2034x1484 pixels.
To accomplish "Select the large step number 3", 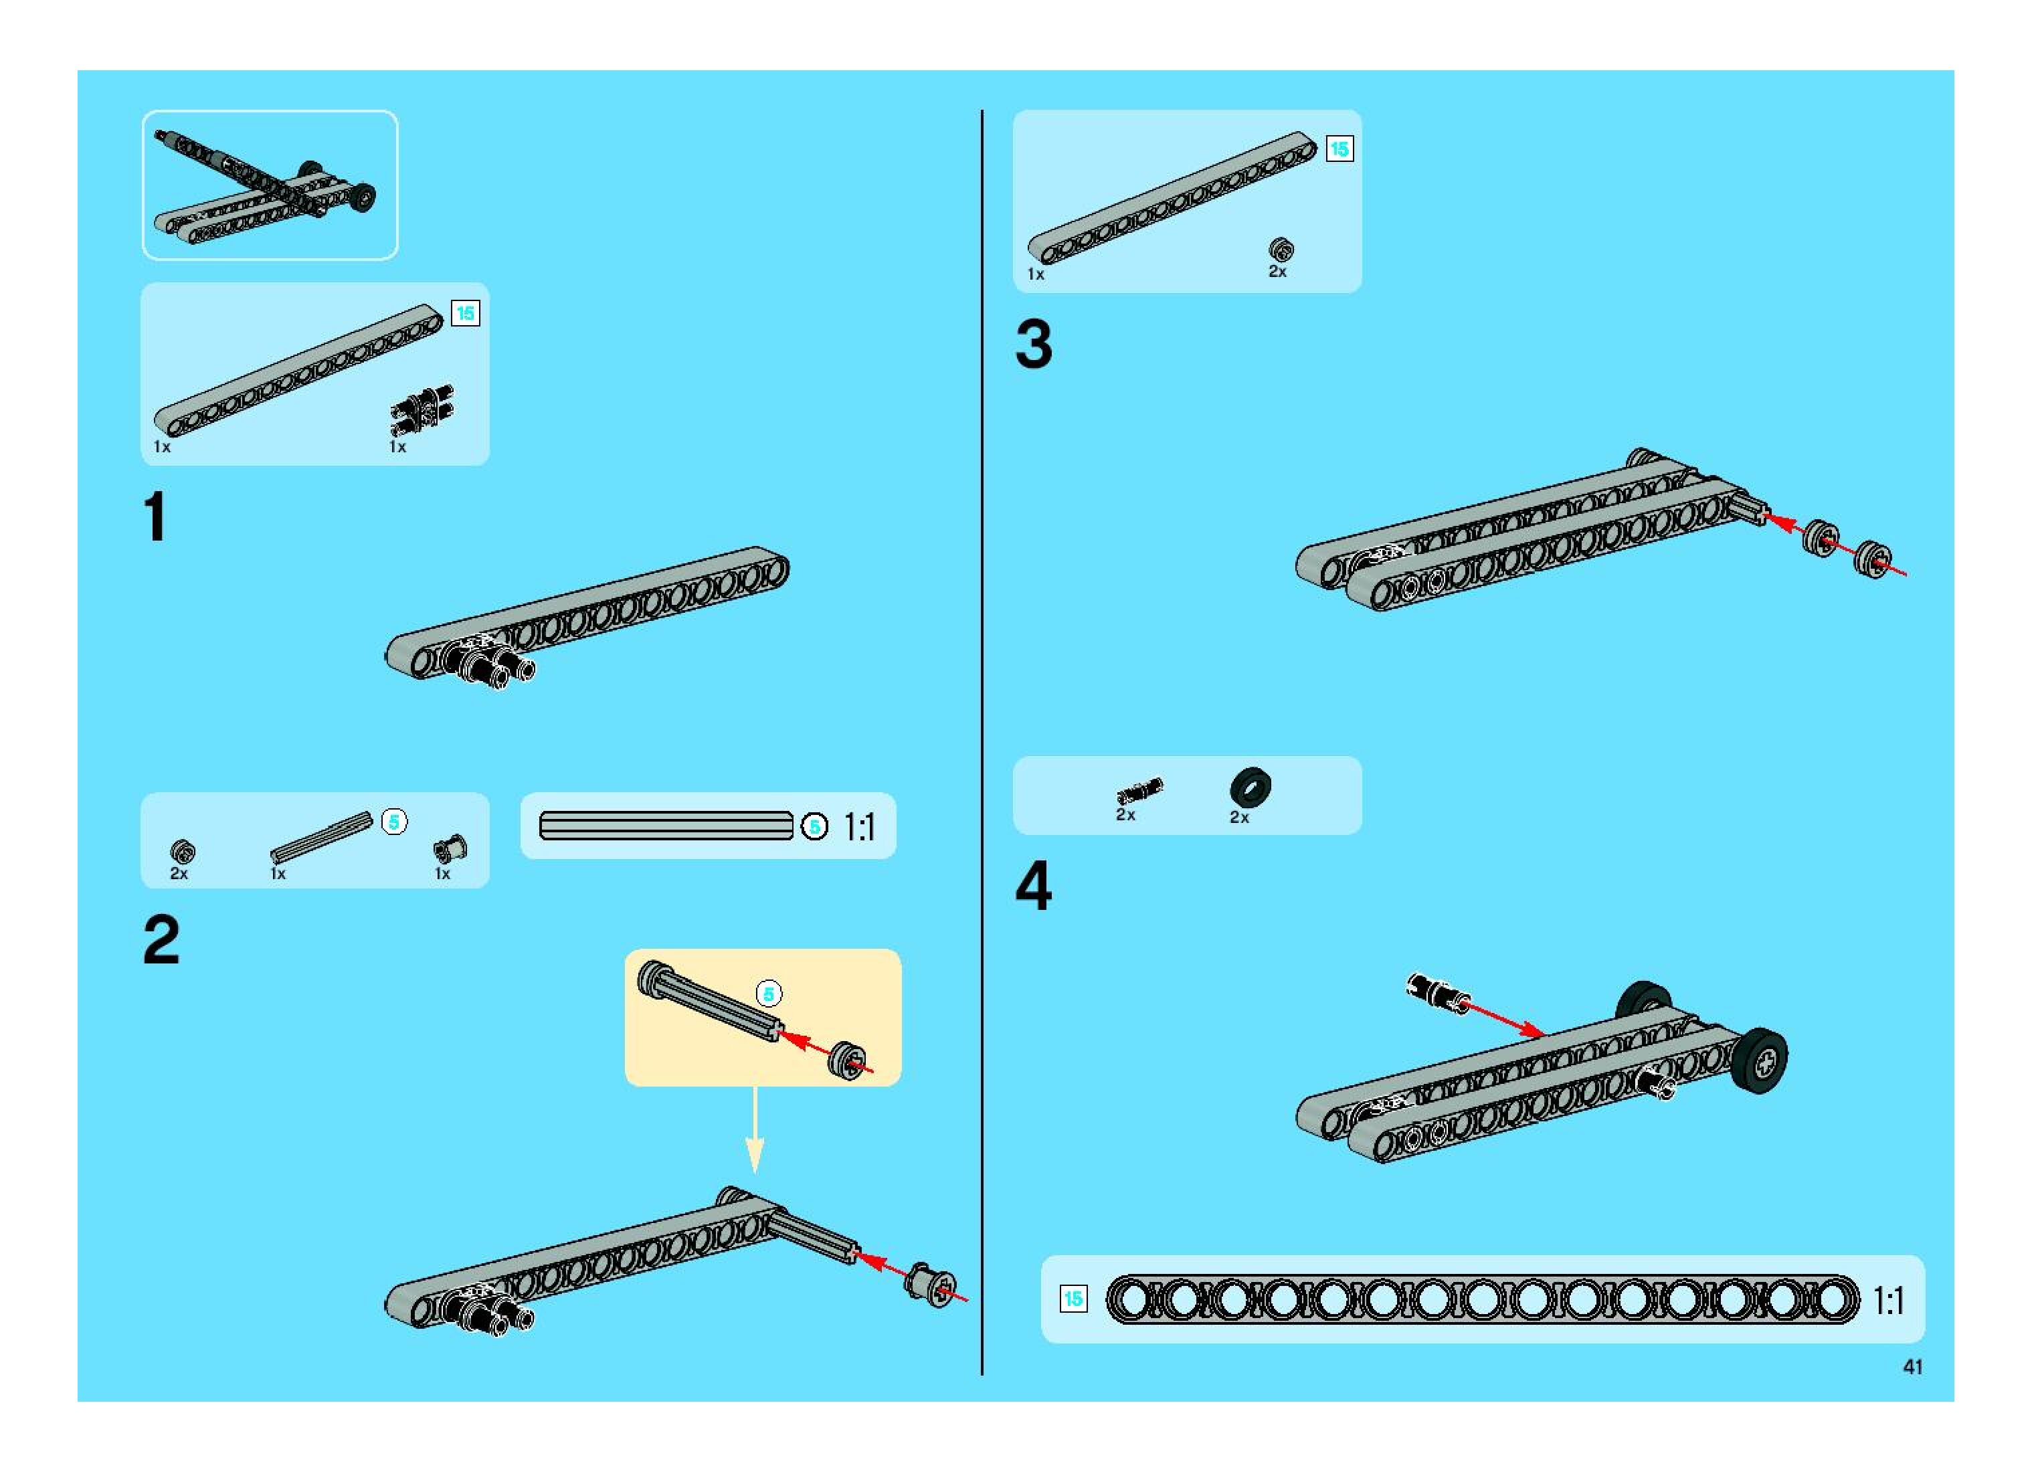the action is click(x=1034, y=345).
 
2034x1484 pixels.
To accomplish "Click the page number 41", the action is click(x=1913, y=1366).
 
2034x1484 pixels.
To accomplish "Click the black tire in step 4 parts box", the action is click(x=1250, y=787).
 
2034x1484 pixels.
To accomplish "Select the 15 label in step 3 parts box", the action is click(x=1339, y=149).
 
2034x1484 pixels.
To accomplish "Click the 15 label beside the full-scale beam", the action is click(x=1073, y=1299).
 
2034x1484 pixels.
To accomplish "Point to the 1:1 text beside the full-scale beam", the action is click(x=1888, y=1300).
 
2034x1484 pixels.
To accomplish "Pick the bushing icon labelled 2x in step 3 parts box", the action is click(x=1280, y=250).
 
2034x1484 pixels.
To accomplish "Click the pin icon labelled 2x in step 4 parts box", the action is click(x=1139, y=791).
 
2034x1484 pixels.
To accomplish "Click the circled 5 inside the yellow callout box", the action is click(x=768, y=994).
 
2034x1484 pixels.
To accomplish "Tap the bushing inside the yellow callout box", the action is click(x=846, y=1061).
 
